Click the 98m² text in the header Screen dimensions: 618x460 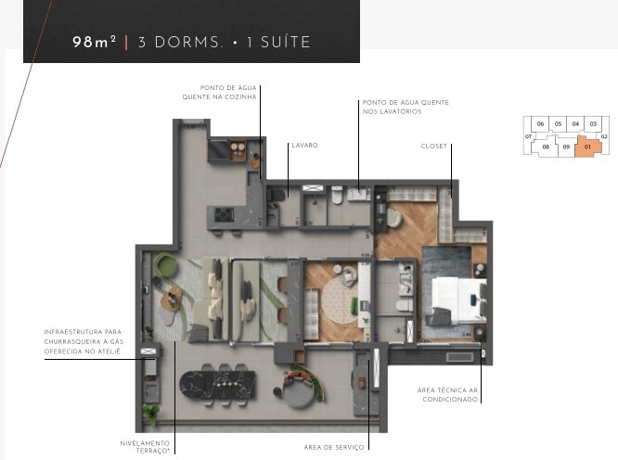(95, 42)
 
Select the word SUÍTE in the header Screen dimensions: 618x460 (286, 42)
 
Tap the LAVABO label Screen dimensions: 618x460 (304, 146)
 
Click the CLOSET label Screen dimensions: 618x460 (434, 147)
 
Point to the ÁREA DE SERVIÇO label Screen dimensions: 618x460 (334, 447)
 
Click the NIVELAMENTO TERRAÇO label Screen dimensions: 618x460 (145, 447)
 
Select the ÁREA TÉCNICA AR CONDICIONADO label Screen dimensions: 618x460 (448, 395)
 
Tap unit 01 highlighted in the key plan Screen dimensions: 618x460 (587, 147)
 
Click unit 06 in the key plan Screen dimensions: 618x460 (540, 123)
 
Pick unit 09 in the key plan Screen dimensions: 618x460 (566, 147)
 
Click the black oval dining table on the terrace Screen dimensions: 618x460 (217, 384)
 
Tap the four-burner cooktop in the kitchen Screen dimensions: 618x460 (224, 215)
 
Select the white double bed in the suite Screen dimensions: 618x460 (458, 300)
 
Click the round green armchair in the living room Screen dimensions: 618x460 (166, 265)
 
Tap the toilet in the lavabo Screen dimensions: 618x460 (277, 196)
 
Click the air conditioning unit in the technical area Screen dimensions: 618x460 (459, 357)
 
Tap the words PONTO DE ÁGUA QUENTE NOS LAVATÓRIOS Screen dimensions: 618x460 (406, 107)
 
